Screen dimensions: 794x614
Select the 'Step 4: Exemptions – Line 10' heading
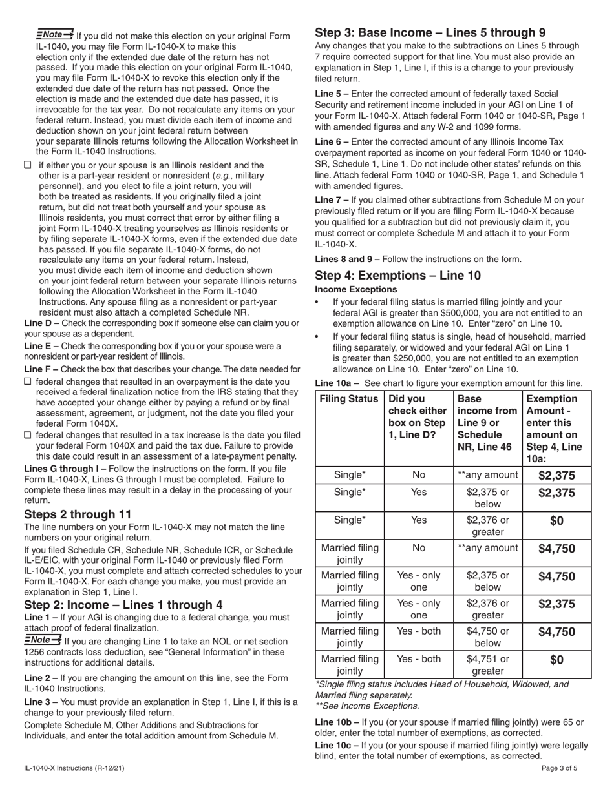[x=397, y=276]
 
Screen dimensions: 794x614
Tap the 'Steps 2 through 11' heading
[x=78, y=514]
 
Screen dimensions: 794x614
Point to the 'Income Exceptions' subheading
[x=356, y=290]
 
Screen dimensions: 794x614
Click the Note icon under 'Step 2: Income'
[x=42, y=640]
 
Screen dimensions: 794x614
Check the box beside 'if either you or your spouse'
[x=28, y=165]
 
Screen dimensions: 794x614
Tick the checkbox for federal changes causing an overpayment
[x=28, y=381]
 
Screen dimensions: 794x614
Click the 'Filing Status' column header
[x=349, y=399]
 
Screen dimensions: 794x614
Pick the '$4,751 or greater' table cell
[x=487, y=664]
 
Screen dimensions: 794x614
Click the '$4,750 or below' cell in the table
[x=487, y=636]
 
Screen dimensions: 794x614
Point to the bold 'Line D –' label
[x=41, y=323]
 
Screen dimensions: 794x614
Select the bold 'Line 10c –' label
[x=336, y=745]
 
